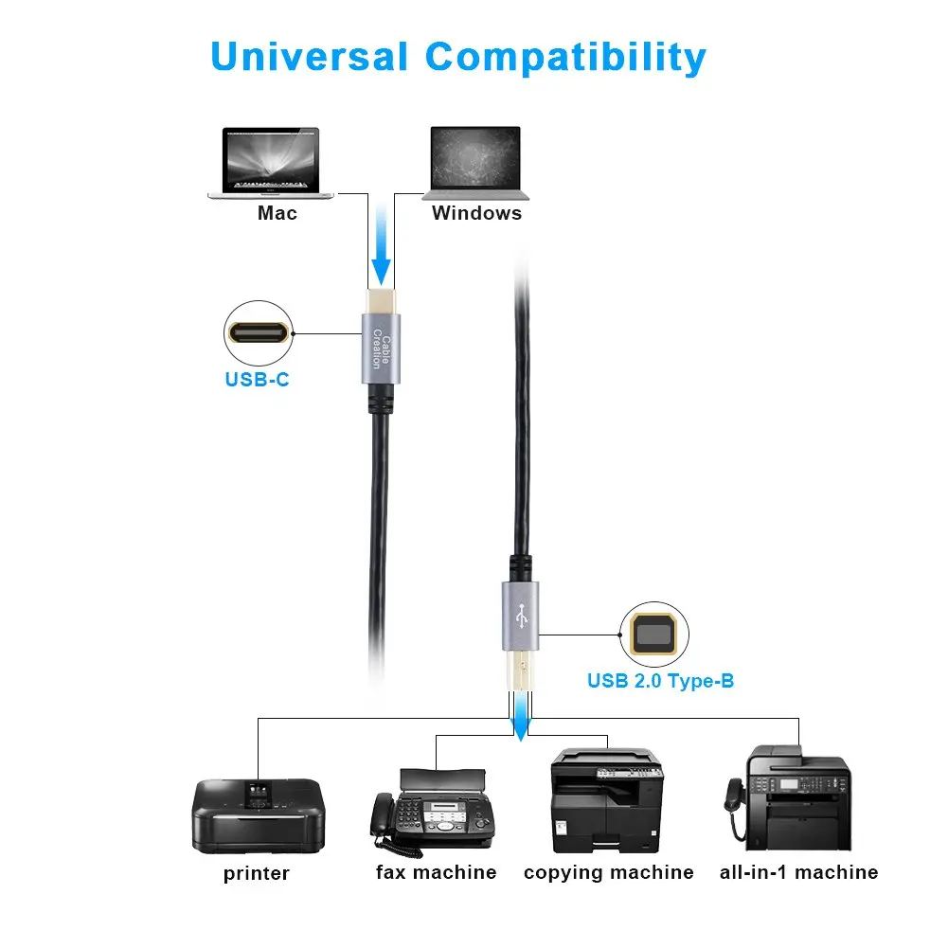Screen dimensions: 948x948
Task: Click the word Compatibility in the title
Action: [x=565, y=59]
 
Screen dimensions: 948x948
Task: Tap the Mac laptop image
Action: [x=271, y=162]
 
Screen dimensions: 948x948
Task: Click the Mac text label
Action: [x=277, y=213]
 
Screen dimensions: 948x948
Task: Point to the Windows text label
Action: [x=476, y=213]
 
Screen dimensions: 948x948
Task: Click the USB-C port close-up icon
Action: [x=258, y=333]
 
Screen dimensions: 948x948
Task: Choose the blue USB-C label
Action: [x=258, y=382]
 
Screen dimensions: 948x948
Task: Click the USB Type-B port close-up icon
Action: [x=653, y=635]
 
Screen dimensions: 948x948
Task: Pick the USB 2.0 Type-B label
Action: [x=660, y=680]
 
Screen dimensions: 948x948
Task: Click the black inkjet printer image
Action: [x=258, y=814]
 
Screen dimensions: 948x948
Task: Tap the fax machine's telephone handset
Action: [x=384, y=816]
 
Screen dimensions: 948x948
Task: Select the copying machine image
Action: [x=607, y=800]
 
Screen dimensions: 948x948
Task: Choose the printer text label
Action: [x=257, y=873]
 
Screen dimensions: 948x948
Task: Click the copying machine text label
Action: [x=608, y=872]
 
